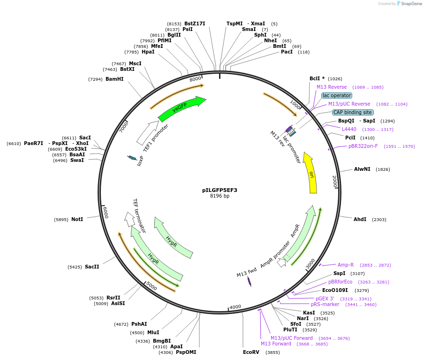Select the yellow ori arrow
pyautogui.click(x=310, y=173)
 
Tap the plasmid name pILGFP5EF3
pyautogui.click(x=220, y=190)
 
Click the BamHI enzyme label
pyautogui.click(x=114, y=79)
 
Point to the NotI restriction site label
pyautogui.click(x=77, y=219)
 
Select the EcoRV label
pyautogui.click(x=251, y=352)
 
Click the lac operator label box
pyautogui.click(x=336, y=95)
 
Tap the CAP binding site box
pyautogui.click(x=353, y=112)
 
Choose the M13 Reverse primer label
pyautogui.click(x=332, y=87)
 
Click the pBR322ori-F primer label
pyautogui.click(x=363, y=146)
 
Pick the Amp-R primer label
pyautogui.click(x=346, y=265)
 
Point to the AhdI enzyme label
pyautogui.click(x=360, y=219)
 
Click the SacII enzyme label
pyautogui.click(x=92, y=267)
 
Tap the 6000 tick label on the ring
pyautogui.click(x=106, y=212)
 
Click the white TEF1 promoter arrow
pyautogui.click(x=147, y=133)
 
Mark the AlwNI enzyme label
pyautogui.click(x=362, y=169)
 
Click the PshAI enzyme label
pyautogui.click(x=139, y=324)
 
